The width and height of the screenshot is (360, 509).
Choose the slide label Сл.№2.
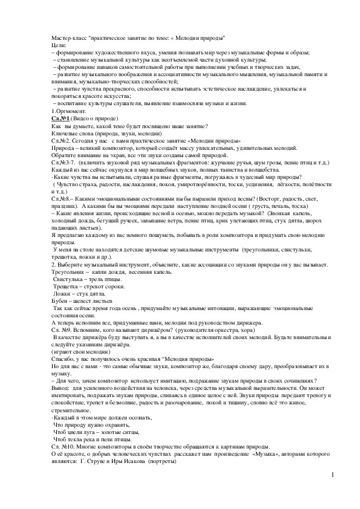pos(61,140)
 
